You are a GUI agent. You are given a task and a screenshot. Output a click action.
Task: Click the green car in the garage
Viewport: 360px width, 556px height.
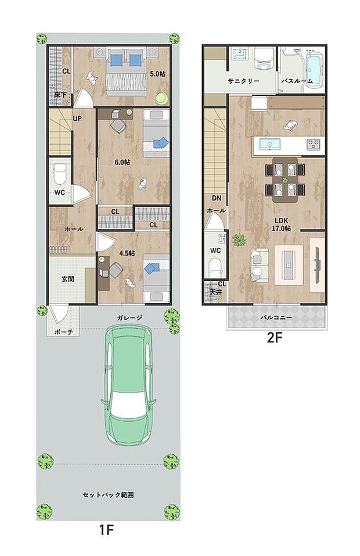(128, 384)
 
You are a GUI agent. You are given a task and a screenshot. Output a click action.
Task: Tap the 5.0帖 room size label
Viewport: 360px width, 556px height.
(158, 74)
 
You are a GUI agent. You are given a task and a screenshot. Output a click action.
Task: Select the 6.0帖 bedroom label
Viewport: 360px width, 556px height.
(123, 163)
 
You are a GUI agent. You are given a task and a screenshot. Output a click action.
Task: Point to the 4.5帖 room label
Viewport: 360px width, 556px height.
(127, 253)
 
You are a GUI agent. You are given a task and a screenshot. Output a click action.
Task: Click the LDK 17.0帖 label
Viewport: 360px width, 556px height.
(281, 225)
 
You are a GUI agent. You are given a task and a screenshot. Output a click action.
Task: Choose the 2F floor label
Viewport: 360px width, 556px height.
(274, 338)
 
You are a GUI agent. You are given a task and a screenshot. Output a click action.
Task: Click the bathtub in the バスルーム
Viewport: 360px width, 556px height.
(314, 69)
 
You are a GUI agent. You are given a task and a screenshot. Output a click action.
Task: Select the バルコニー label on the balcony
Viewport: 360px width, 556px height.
(276, 317)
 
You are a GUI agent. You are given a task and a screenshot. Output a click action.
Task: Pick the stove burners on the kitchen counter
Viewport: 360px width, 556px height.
(313, 144)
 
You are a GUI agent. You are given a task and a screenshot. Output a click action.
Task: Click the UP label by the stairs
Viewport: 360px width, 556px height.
(77, 119)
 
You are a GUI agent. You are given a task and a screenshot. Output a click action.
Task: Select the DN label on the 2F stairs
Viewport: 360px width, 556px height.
(217, 198)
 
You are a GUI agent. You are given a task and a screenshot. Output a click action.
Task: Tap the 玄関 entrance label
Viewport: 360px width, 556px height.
(68, 279)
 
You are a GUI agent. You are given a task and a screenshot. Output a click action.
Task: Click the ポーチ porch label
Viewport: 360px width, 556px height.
(64, 332)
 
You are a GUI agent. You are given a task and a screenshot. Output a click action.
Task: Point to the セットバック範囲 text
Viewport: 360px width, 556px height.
(108, 494)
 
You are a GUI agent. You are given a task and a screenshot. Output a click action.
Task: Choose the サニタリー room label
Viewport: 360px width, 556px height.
(244, 81)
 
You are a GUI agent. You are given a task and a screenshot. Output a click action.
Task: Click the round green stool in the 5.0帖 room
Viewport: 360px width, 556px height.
(162, 98)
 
